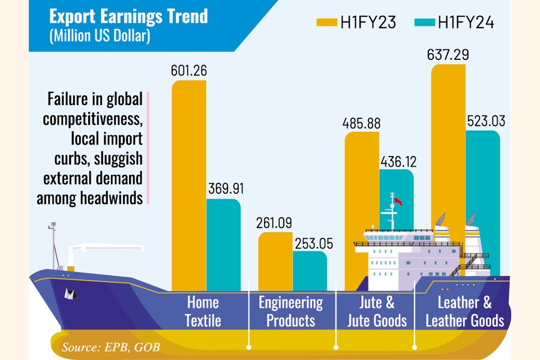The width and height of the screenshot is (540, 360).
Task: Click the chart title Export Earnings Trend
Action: (128, 16)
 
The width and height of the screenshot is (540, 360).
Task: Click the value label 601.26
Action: (188, 71)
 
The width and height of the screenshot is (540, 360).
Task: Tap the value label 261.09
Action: (275, 223)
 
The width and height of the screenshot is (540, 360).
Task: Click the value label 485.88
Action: (362, 124)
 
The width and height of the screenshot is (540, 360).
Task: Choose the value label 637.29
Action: (448, 55)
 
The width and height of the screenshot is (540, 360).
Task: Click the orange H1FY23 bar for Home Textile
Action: (188, 180)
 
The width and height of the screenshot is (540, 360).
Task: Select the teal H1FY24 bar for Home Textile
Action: (223, 240)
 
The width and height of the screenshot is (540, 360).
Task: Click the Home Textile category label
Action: (203, 311)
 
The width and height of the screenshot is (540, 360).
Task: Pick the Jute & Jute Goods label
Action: (377, 311)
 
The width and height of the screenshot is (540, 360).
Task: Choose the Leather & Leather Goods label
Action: (465, 311)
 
